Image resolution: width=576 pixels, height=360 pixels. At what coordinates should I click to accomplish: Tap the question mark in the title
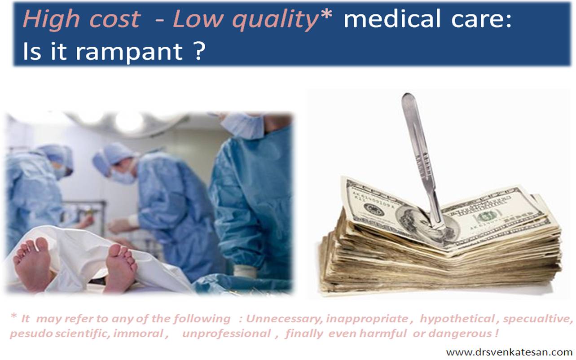coord(199,50)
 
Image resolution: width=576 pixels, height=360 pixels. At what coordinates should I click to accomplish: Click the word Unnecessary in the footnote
coord(285,319)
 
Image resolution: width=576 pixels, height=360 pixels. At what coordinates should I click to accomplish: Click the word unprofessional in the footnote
coord(226,334)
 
